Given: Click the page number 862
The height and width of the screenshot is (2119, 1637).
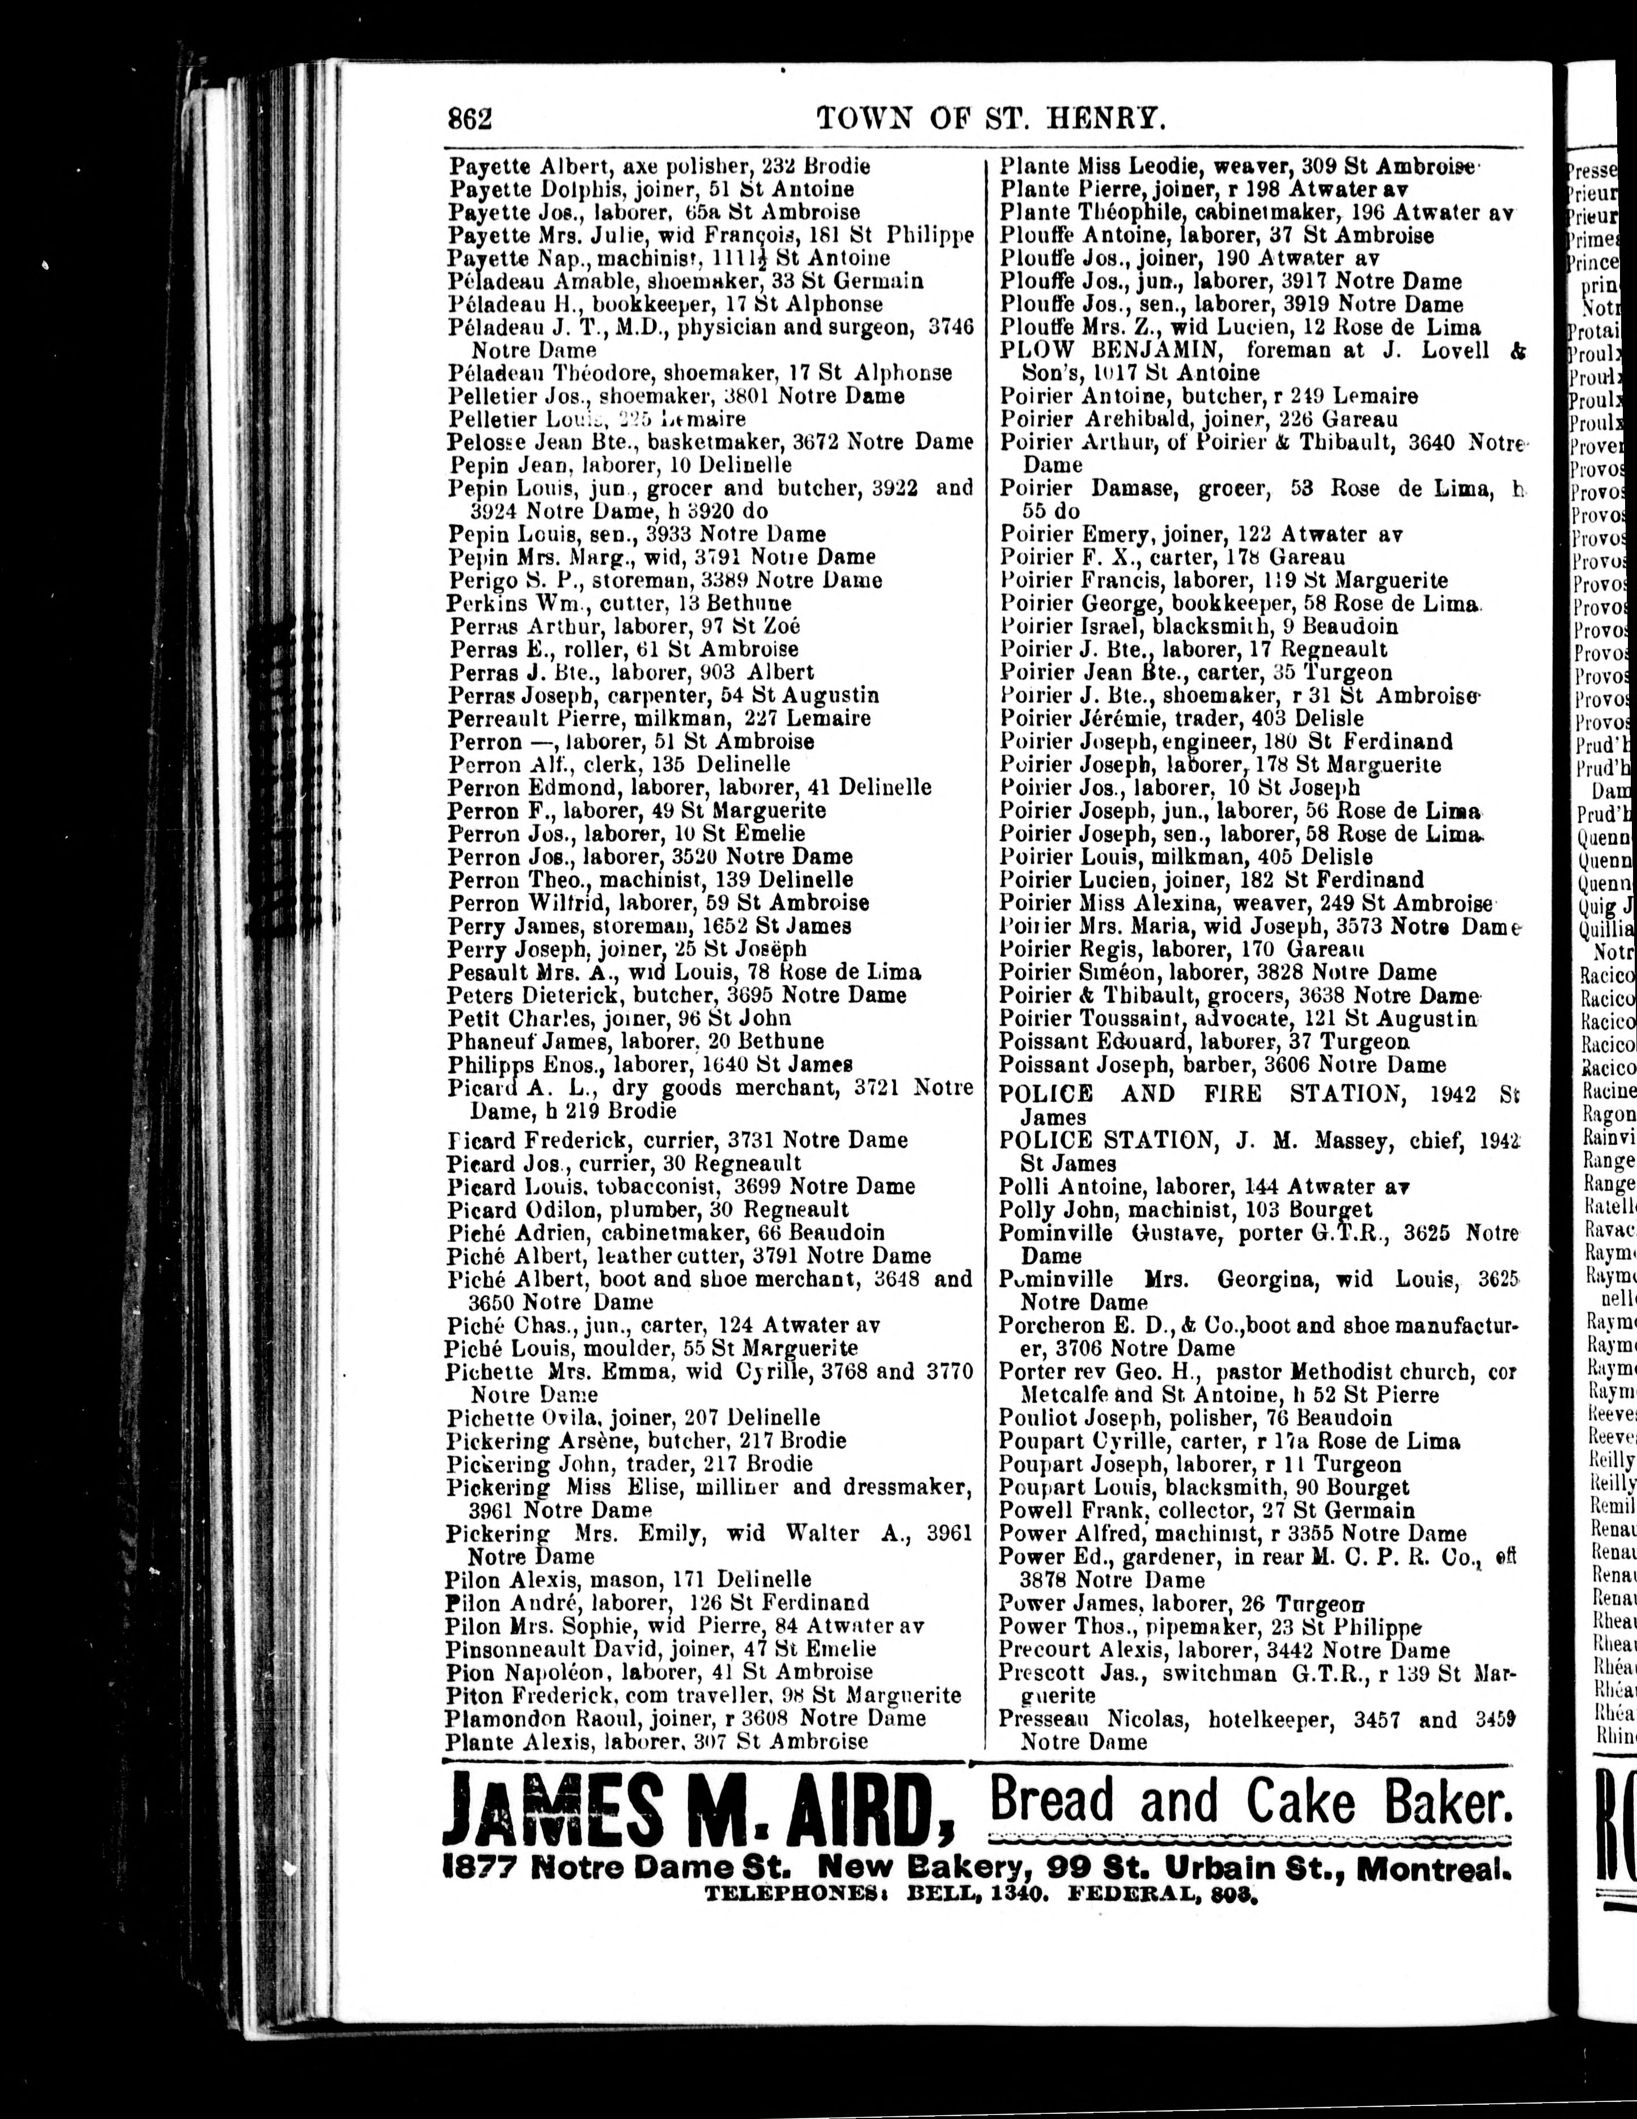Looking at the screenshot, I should (x=470, y=119).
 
